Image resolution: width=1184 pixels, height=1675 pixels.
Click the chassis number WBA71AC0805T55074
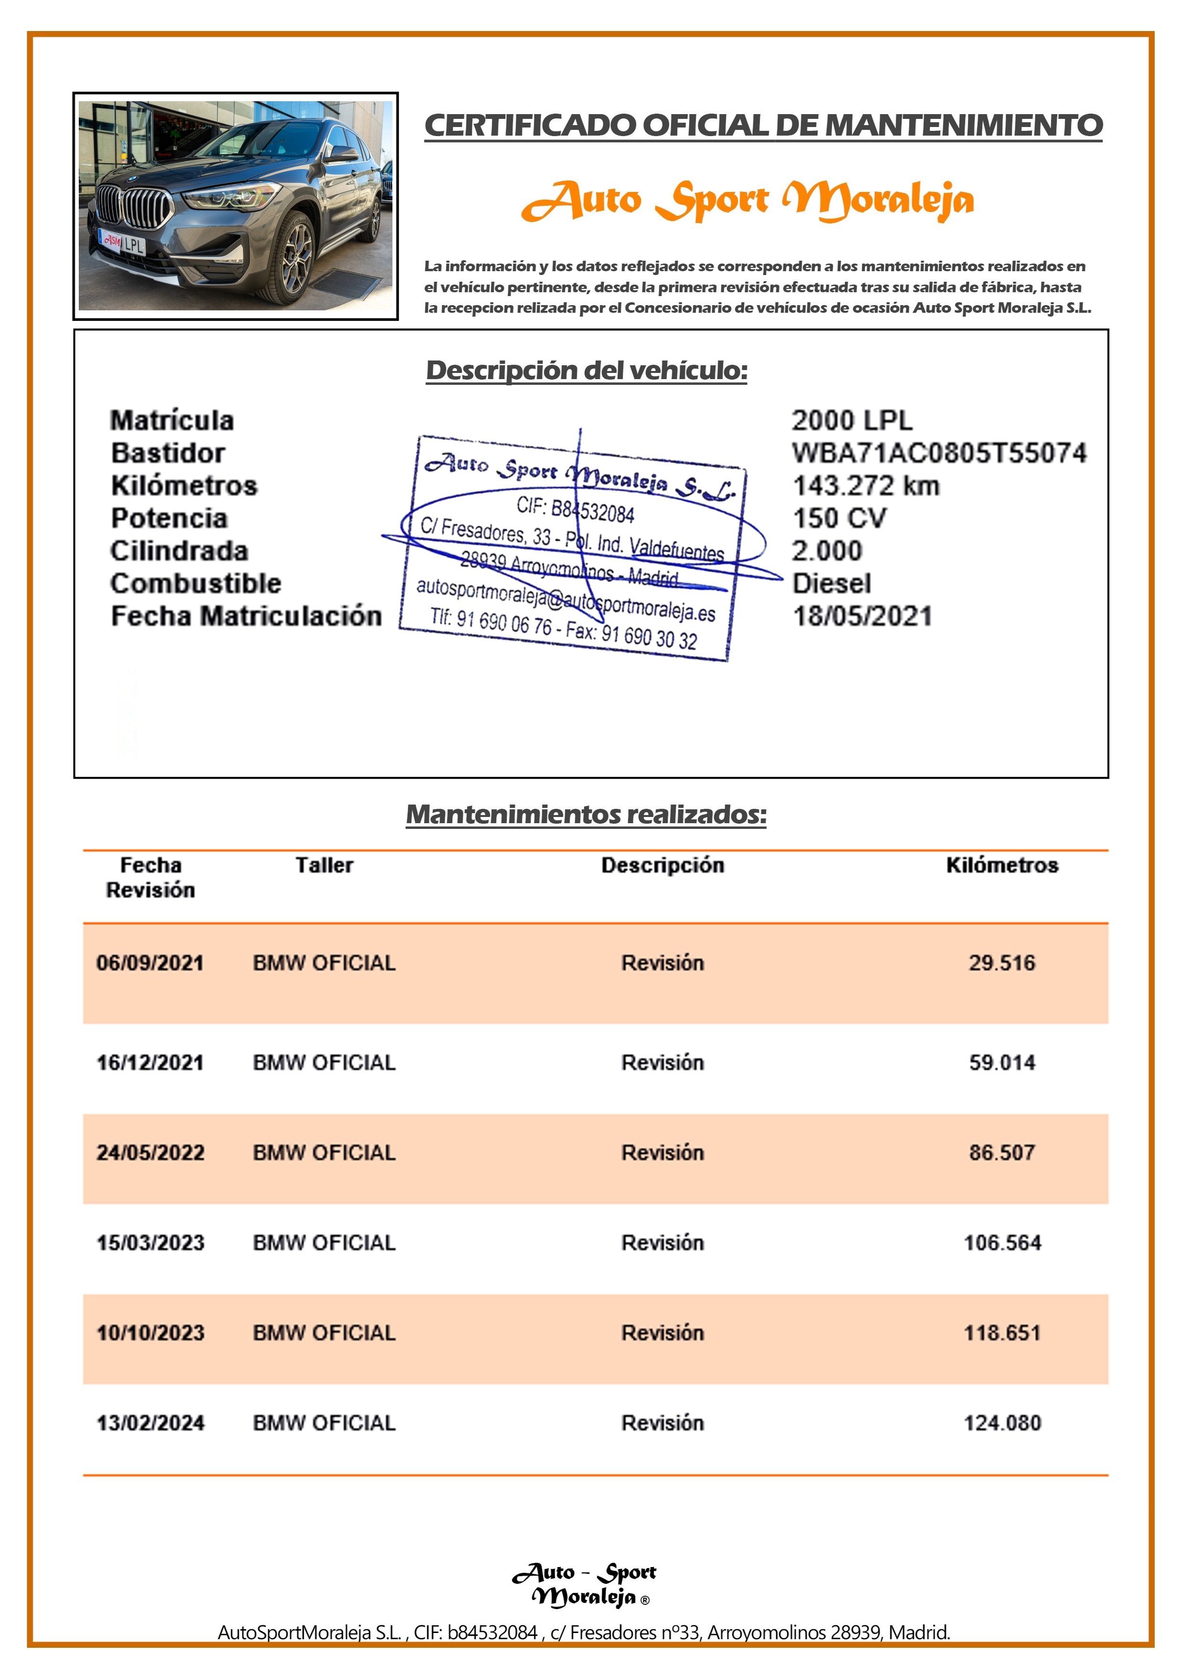(x=939, y=453)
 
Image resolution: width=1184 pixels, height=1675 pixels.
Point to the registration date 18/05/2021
(x=862, y=616)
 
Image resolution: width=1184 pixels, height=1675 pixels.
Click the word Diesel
(x=832, y=583)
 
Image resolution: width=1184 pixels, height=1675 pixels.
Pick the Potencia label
(x=169, y=519)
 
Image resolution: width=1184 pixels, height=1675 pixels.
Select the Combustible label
(x=196, y=583)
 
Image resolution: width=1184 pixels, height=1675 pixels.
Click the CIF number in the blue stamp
(x=576, y=509)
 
